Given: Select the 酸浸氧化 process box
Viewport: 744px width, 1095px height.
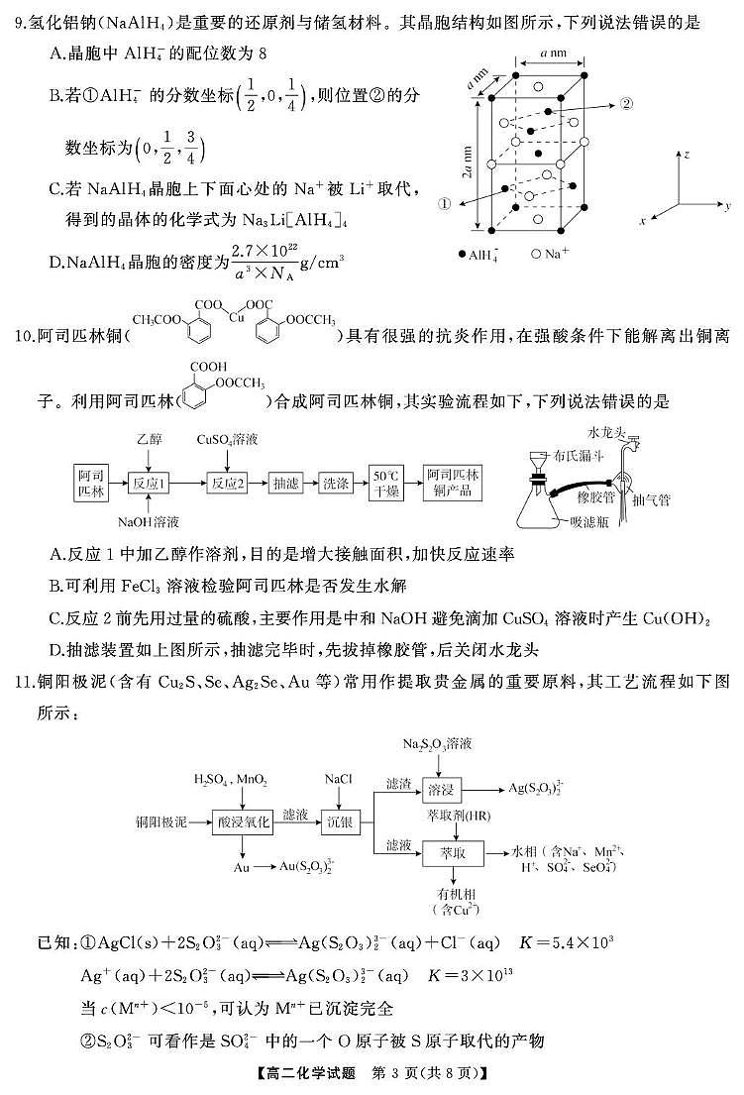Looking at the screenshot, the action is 242,823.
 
